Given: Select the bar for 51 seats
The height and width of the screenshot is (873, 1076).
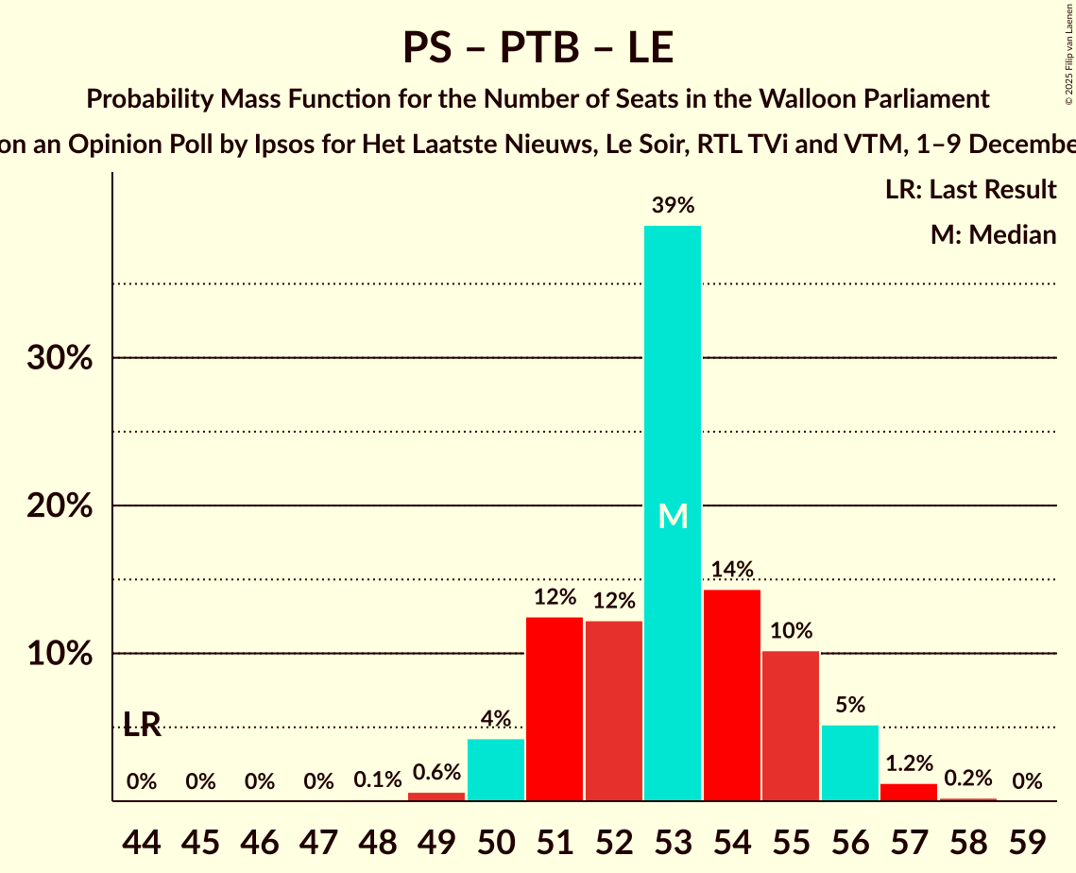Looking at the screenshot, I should [555, 709].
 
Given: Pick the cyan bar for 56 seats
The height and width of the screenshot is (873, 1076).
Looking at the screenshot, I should [850, 763].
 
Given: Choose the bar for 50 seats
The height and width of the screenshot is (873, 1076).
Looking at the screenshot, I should [496, 770].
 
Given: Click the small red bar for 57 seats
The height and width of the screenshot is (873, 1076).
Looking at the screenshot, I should [909, 793].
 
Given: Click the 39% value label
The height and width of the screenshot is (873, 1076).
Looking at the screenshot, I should [673, 205].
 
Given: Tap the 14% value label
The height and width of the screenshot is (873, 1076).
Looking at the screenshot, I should [732, 569].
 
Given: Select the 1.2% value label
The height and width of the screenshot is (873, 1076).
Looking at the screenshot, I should [909, 763].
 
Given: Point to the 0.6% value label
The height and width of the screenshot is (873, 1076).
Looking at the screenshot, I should [436, 772].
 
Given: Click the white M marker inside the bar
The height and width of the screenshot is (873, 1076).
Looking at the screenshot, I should [673, 516].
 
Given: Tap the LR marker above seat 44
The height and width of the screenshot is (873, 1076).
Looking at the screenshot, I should [142, 725].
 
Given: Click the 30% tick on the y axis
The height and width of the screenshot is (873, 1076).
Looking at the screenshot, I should [59, 358].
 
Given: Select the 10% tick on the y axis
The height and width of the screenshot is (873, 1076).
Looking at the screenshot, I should [59, 654].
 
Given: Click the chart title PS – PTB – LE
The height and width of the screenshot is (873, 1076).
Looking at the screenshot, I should [538, 47].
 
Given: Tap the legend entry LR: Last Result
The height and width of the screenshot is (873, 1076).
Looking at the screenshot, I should [970, 190].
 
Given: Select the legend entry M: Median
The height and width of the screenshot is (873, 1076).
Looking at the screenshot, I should [993, 234].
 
